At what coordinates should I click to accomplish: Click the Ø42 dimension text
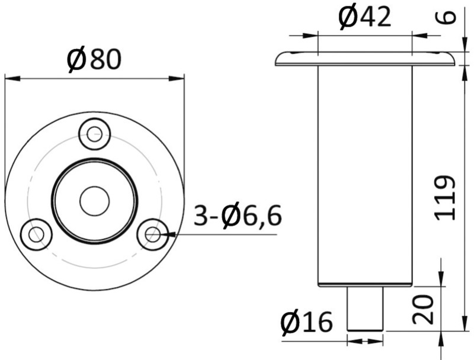click(364, 18)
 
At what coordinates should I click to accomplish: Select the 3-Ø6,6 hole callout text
click(238, 216)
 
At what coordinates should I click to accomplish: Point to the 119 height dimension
click(445, 198)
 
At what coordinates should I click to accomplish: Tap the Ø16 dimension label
click(306, 322)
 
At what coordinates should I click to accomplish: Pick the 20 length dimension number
click(423, 310)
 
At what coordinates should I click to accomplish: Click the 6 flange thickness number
click(445, 17)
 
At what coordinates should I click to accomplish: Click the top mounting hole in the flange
click(94, 134)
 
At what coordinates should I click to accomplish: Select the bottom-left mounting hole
click(36, 234)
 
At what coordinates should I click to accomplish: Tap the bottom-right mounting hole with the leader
click(153, 234)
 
